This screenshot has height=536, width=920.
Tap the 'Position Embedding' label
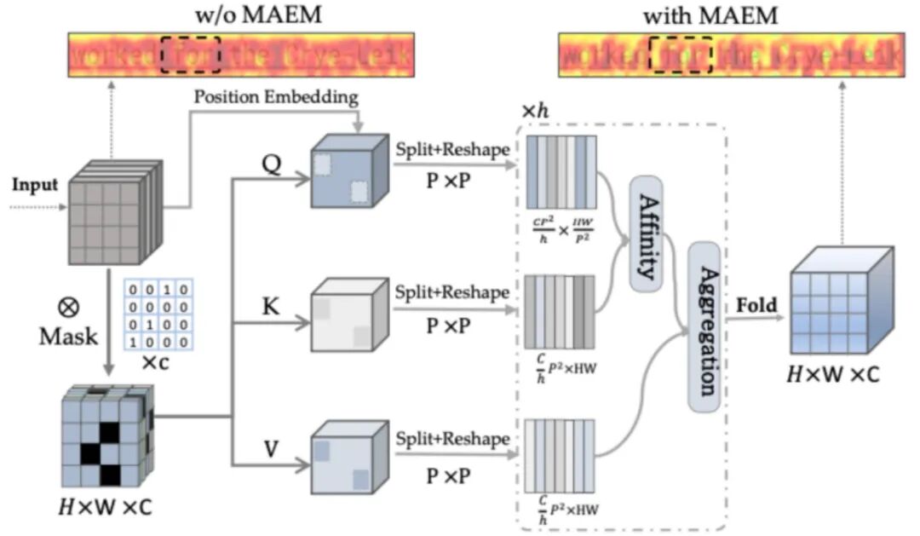click(x=275, y=97)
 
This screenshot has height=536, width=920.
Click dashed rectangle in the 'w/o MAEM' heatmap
click(x=192, y=55)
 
